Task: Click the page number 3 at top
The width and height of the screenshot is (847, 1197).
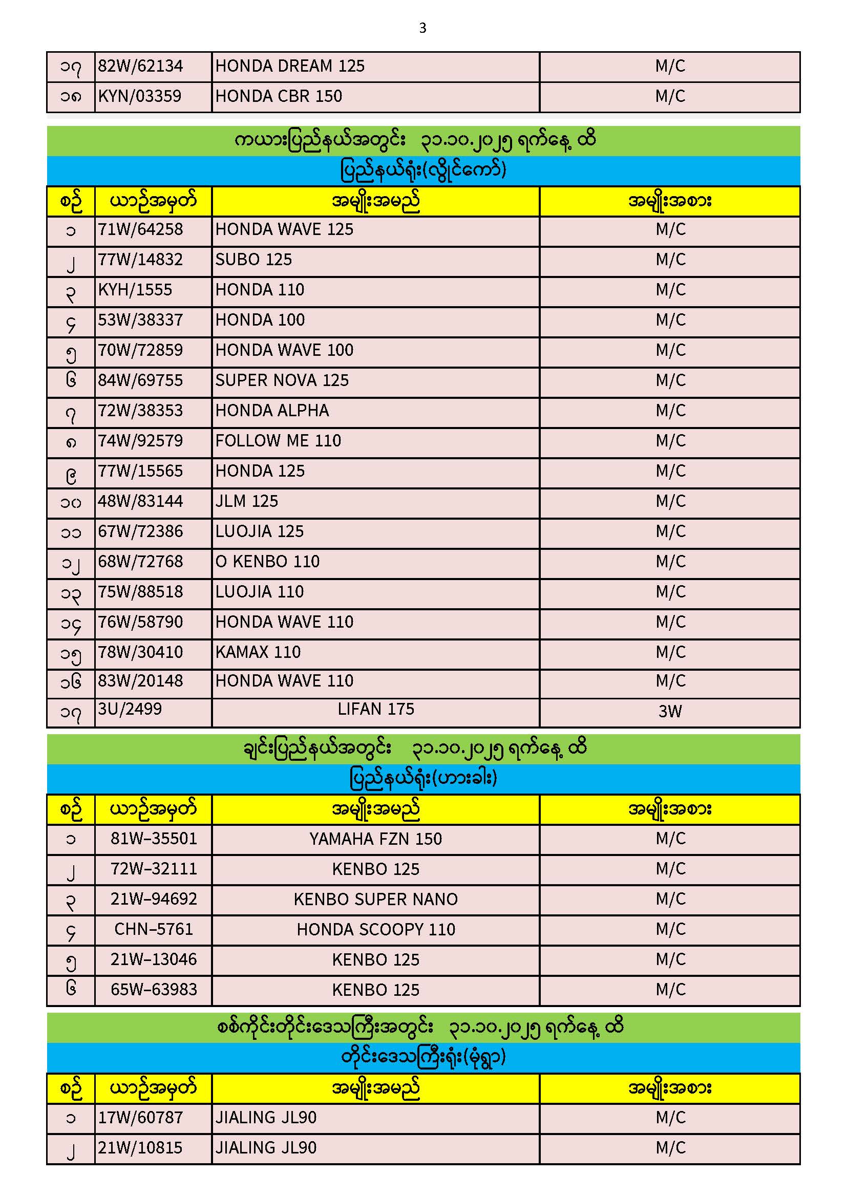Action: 422,28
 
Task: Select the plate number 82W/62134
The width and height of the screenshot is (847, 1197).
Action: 140,66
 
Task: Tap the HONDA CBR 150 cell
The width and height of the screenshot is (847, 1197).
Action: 279,96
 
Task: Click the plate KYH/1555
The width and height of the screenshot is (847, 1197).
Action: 135,290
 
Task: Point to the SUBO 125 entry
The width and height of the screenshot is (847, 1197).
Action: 253,260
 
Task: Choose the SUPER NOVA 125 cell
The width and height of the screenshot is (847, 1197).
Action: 282,380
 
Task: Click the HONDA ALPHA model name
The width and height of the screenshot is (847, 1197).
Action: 272,411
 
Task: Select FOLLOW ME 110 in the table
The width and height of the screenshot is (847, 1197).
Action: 278,441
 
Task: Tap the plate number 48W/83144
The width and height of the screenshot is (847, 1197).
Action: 140,502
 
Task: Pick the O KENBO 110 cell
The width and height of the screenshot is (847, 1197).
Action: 267,562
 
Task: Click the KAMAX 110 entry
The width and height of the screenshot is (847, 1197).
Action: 258,652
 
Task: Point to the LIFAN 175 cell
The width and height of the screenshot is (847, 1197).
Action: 375,710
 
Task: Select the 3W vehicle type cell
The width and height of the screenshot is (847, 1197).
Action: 670,712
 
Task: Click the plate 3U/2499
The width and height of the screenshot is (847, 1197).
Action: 130,709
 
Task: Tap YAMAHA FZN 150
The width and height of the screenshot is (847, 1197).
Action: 375,839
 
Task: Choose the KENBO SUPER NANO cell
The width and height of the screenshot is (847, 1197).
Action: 375,900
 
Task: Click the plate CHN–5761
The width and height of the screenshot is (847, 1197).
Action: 153,929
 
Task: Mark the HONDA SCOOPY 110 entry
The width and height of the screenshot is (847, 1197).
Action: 375,930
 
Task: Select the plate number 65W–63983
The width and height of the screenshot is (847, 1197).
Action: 153,990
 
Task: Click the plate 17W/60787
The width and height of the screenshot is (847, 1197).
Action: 140,1118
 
